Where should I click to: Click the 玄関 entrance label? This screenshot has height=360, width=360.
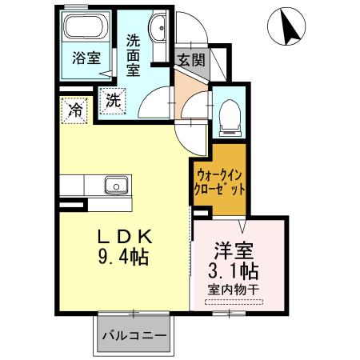tap(191, 59)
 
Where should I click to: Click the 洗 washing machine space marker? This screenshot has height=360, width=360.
tap(112, 102)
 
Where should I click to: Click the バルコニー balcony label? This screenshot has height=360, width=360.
tap(134, 336)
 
